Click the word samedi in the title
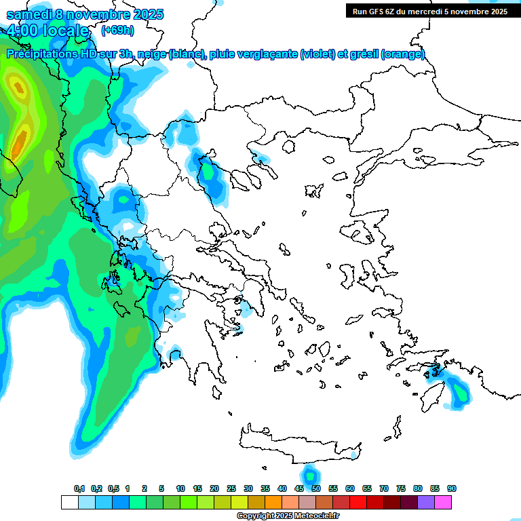(x=30, y=14)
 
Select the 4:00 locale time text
(x=47, y=31)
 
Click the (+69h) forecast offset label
(x=117, y=31)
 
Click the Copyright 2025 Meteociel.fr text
(x=288, y=516)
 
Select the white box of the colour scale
(x=69, y=502)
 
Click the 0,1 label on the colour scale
(x=79, y=488)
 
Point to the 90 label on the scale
(x=452, y=488)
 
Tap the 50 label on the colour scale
(x=316, y=488)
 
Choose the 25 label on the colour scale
(x=231, y=488)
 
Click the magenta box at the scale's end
(x=443, y=502)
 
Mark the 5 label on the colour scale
(x=161, y=488)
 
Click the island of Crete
(x=298, y=444)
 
